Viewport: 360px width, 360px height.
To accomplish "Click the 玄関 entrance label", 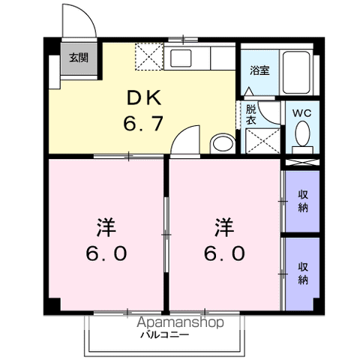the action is click(x=79, y=58).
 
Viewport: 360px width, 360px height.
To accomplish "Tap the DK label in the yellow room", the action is click(x=144, y=98).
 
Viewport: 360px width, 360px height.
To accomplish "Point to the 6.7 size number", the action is click(x=143, y=123).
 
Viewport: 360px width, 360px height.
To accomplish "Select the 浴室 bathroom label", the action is click(x=259, y=70).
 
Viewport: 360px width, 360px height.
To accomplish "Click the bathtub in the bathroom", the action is click(x=296, y=72).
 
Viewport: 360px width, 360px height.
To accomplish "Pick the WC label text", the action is click(x=302, y=113).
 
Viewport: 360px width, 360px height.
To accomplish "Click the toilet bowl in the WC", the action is click(x=302, y=133).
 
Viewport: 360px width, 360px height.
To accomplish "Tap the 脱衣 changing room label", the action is click(x=250, y=115).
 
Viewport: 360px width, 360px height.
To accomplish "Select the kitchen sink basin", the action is click(x=181, y=58).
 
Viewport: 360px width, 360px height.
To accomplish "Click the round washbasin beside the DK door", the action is click(x=223, y=144).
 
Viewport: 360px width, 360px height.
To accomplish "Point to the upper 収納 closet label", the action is click(x=303, y=201).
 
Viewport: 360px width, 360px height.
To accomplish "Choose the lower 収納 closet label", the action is click(x=303, y=274).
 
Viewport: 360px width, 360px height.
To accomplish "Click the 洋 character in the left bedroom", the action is click(x=106, y=227).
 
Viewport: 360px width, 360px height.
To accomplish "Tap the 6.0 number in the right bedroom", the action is click(x=224, y=253).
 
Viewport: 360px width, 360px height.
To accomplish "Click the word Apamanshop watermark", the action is click(x=180, y=322).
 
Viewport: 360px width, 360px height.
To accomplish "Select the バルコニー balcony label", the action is click(x=164, y=334).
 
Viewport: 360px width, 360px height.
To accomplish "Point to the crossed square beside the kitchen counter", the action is click(x=149, y=57).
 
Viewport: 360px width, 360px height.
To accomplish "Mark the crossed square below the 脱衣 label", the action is click(x=262, y=141).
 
